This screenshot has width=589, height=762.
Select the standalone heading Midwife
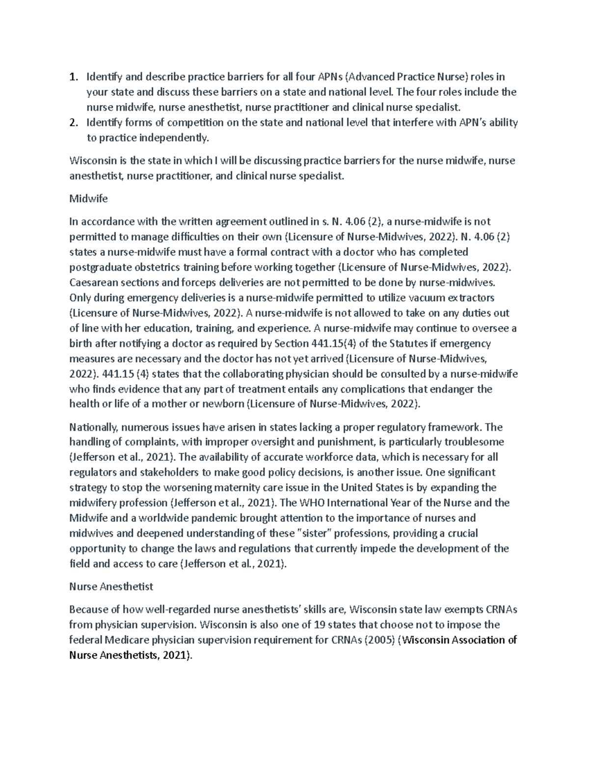(88, 199)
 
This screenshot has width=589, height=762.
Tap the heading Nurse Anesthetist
(111, 586)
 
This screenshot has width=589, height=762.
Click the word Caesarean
(93, 283)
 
